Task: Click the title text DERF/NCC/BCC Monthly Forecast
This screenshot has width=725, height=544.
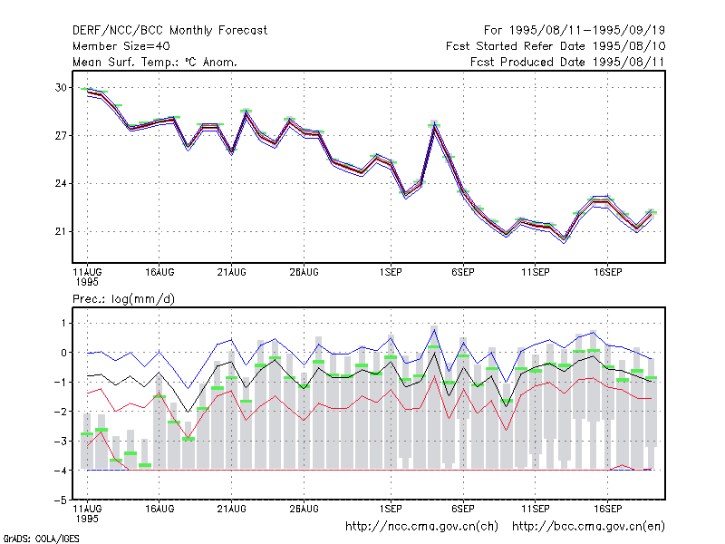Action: tap(169, 31)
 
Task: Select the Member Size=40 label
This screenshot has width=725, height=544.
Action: tap(121, 46)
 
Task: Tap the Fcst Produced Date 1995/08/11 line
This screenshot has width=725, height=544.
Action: tap(567, 62)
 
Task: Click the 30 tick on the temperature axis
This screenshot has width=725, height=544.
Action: tap(61, 87)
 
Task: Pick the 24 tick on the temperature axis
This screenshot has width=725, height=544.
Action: tap(61, 184)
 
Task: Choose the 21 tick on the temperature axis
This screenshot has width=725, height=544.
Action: tap(61, 231)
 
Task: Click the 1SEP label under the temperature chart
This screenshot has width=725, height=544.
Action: tap(391, 273)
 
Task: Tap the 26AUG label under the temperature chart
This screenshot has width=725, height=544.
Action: tap(304, 273)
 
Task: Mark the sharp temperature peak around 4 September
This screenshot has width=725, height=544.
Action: tap(434, 124)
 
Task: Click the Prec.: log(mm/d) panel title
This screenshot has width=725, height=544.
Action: tap(123, 299)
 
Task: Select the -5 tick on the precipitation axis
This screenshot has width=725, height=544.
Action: tap(61, 500)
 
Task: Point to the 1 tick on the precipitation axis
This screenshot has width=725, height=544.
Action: tap(63, 323)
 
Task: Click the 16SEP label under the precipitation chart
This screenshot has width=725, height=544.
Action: tap(607, 509)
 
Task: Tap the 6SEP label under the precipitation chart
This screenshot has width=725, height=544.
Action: tap(463, 509)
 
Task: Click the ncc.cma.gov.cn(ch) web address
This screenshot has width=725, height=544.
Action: tap(421, 527)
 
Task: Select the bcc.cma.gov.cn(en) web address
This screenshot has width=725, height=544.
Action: tap(588, 527)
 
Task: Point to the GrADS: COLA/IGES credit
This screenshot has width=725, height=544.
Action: tap(41, 539)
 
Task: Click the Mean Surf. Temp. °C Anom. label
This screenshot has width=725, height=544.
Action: tap(155, 62)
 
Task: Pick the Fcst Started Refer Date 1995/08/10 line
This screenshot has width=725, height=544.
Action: tap(556, 46)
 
